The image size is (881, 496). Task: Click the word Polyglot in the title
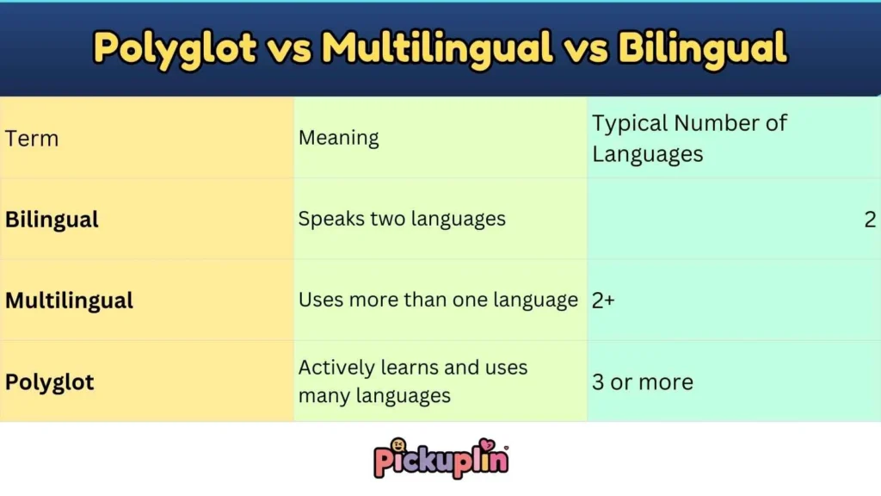175,48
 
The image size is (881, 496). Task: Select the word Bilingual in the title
702,48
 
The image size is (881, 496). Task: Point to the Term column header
32,139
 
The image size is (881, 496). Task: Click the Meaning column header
338,138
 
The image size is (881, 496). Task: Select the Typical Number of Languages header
688,139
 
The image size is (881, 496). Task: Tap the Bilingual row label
52,220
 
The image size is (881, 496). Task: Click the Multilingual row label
69,301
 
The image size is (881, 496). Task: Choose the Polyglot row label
50,381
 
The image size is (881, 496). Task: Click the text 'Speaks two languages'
402,219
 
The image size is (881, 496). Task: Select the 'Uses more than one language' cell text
438,300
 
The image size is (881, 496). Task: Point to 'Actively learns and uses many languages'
413,381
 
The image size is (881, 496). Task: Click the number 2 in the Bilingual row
870,219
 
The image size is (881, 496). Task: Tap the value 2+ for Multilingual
603,301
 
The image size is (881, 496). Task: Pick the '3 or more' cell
642,381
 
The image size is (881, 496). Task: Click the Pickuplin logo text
440,462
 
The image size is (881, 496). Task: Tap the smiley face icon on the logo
398,446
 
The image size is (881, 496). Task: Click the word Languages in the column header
647,154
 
